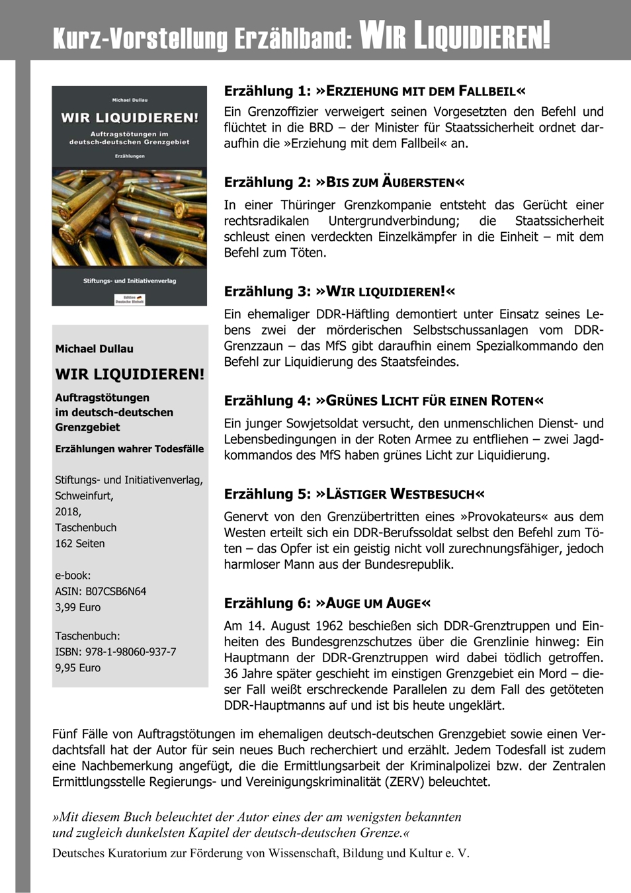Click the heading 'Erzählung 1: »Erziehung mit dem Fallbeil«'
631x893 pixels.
coord(375,91)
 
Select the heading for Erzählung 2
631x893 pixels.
coord(344,183)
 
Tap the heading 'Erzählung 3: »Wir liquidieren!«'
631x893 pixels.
coord(339,292)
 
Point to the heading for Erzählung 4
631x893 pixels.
coord(384,401)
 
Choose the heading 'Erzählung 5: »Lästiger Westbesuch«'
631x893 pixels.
coord(354,494)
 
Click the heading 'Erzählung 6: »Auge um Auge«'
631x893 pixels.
coord(327,603)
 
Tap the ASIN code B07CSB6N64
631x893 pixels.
coord(115,591)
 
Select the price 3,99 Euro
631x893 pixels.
coord(78,607)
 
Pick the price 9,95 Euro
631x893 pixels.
coord(78,668)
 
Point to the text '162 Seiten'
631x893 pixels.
coord(80,544)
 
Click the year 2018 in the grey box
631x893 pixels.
coord(68,512)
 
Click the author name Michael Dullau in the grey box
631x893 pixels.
coord(95,349)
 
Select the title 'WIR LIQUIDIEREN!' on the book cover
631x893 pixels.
coord(130,118)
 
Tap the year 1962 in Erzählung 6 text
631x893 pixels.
coord(329,626)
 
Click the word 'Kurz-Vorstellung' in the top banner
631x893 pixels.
coord(139,38)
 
